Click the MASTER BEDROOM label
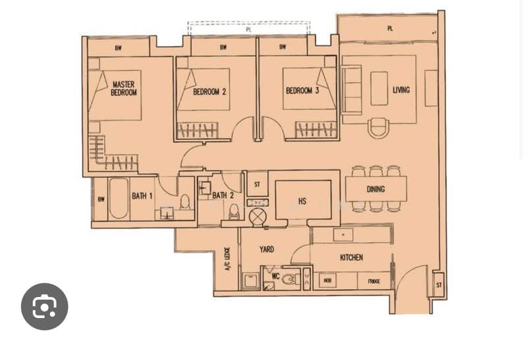point(123,88)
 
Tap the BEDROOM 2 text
point(209,92)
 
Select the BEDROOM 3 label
point(302,91)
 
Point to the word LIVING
point(401,90)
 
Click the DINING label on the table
point(375,189)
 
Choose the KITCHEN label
point(351,257)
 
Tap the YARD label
point(266,249)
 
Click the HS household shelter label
point(302,201)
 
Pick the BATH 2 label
point(223,195)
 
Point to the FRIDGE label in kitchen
point(374,282)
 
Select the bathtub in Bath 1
point(119,198)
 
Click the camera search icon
point(45,306)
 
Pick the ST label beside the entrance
point(438,285)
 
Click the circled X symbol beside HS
point(257,216)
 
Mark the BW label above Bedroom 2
point(223,47)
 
